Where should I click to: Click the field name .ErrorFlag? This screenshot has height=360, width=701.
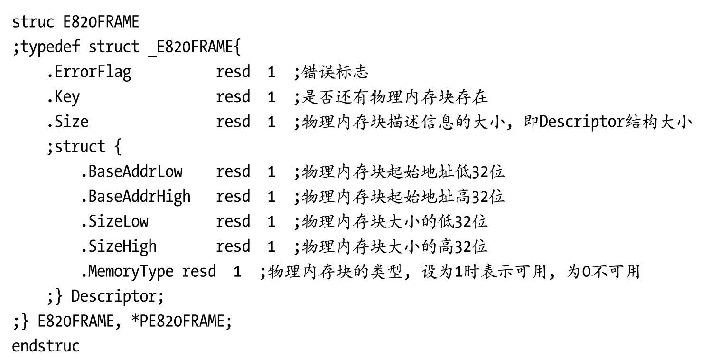(88, 72)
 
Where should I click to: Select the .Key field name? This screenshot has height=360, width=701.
(63, 97)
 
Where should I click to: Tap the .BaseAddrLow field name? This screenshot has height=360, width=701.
(131, 171)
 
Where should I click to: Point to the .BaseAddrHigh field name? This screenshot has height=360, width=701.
(135, 196)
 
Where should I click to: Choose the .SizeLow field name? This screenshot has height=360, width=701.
(114, 221)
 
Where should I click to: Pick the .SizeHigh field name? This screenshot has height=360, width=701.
(118, 246)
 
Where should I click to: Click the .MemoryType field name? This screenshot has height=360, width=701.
(127, 271)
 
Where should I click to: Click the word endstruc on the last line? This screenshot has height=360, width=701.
(46, 345)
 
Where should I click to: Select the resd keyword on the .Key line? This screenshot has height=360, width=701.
(233, 97)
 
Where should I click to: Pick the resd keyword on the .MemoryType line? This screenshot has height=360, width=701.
(199, 271)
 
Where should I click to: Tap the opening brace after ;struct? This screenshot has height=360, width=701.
(118, 146)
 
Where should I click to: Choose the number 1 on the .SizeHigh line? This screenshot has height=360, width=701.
(271, 246)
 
